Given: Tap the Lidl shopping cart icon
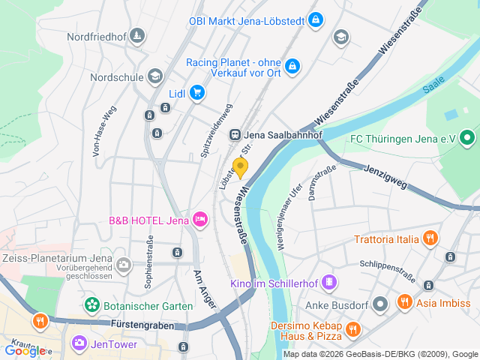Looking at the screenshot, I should (x=197, y=92).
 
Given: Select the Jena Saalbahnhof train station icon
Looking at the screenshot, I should (x=235, y=134).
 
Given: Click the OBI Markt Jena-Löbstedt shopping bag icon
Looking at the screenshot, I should (x=316, y=18).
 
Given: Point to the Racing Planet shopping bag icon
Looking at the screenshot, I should (x=292, y=66).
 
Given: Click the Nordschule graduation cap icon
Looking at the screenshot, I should (x=154, y=76).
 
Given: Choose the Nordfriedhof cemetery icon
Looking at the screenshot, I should (x=136, y=35).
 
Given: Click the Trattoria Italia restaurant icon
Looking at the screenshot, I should (x=430, y=239).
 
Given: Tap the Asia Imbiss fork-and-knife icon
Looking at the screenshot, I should (x=405, y=302).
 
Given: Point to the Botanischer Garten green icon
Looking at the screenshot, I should (x=91, y=305).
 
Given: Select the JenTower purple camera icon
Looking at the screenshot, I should (x=79, y=343).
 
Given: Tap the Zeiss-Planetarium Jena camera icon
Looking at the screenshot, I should (x=123, y=264).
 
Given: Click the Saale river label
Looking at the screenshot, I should (x=433, y=88).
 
